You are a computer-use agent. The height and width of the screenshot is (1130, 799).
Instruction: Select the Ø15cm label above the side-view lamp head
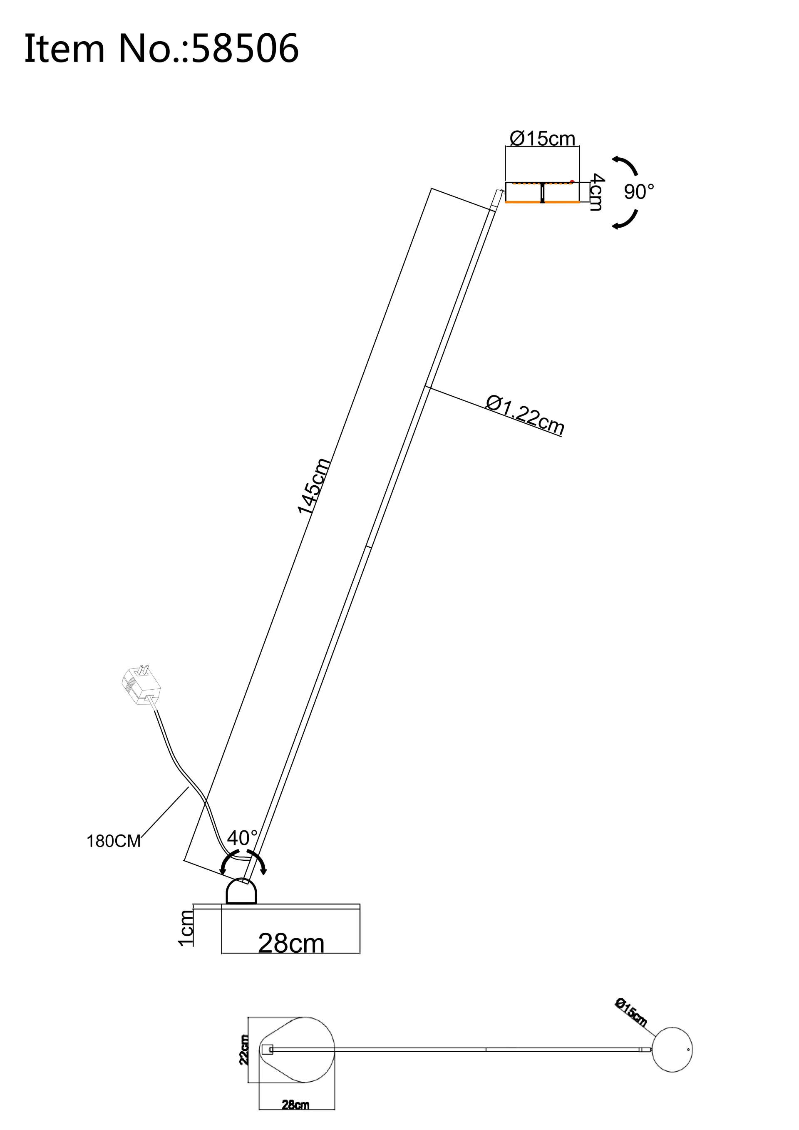pyautogui.click(x=542, y=138)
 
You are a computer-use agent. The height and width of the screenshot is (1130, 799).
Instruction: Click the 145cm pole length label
pyautogui.click(x=313, y=486)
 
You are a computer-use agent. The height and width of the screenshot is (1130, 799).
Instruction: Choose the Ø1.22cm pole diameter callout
pyautogui.click(x=524, y=415)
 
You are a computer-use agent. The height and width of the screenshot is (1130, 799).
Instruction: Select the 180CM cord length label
pyautogui.click(x=114, y=841)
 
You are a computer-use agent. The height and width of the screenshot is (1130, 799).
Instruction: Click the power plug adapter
pyautogui.click(x=141, y=684)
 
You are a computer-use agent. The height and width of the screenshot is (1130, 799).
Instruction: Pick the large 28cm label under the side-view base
pyautogui.click(x=291, y=943)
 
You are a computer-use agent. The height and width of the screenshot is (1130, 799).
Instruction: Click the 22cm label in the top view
pyautogui.click(x=244, y=1050)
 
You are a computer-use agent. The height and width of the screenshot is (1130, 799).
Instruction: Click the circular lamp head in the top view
pyautogui.click(x=672, y=1049)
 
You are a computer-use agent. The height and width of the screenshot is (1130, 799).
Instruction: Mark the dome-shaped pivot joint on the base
pyautogui.click(x=241, y=891)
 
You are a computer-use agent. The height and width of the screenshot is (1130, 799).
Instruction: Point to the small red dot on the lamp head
pyautogui.click(x=572, y=181)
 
